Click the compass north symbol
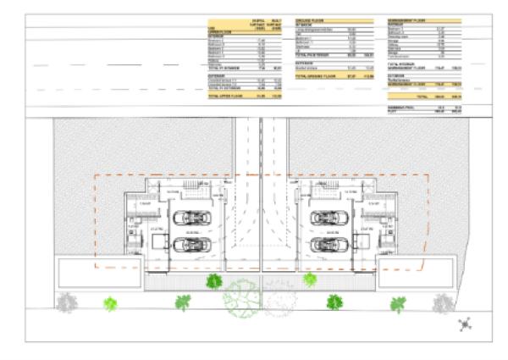(464, 323)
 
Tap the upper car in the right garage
(326, 218)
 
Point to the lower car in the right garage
(327, 245)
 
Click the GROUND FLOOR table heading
(308, 19)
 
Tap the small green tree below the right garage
(310, 280)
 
